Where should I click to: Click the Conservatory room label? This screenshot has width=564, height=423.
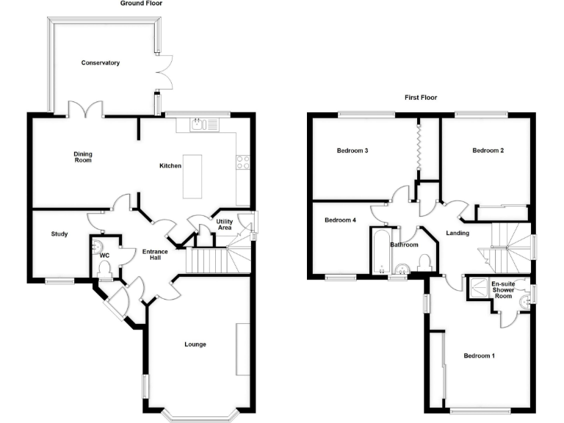101,63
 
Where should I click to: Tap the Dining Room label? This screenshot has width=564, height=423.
82,156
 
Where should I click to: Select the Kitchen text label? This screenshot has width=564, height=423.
170,166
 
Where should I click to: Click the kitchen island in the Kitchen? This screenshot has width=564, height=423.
193,176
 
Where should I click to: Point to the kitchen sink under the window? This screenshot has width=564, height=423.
197,126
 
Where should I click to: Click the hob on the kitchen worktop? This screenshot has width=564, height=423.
243,163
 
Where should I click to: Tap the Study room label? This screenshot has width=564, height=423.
59,234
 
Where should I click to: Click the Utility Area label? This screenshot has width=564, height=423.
225,225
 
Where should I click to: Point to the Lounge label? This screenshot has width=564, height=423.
195,344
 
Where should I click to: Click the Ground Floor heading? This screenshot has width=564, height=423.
142,4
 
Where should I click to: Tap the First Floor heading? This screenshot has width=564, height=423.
421,98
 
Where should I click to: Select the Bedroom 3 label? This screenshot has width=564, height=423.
352,151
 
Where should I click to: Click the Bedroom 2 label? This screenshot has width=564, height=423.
488,151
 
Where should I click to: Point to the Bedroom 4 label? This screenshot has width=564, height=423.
340,220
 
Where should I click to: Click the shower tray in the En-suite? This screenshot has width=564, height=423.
479,287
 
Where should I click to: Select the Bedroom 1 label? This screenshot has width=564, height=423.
479,356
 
